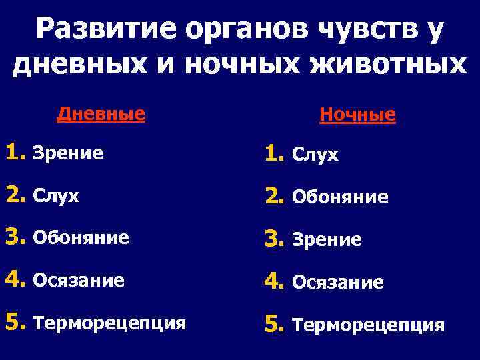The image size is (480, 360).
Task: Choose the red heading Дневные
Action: [x=101, y=113]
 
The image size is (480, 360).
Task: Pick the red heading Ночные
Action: [x=358, y=115]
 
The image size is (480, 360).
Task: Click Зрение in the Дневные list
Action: [x=68, y=155]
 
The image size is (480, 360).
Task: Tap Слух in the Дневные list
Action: [x=56, y=197]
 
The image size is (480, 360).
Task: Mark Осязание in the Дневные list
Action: [x=79, y=281]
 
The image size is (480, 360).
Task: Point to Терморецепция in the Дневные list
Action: [x=109, y=324]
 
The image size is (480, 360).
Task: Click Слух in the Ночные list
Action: [x=317, y=156]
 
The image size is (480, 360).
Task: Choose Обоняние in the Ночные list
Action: [x=341, y=198]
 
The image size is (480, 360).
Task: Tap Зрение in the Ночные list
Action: [x=327, y=240]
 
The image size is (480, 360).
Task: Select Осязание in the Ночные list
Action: [x=338, y=283]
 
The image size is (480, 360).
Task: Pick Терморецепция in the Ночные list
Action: [x=369, y=325]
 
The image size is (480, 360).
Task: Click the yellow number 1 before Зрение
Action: [x=14, y=153]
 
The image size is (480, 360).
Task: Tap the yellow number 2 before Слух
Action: [x=14, y=195]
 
